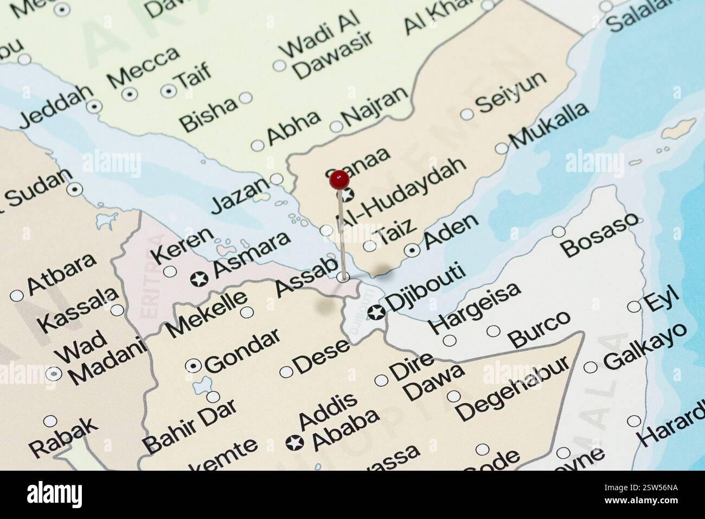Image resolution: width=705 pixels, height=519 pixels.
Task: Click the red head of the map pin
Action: click(339, 179)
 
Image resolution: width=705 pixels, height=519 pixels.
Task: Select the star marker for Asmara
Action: click(200, 279)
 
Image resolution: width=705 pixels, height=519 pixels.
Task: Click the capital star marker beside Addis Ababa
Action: click(294, 443)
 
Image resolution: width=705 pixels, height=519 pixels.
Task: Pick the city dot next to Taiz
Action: click(369, 246)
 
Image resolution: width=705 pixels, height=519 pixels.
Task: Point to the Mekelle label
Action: click(207, 313)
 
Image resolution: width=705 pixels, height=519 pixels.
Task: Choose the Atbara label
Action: click(61, 273)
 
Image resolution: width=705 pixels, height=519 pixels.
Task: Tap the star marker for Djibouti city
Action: click(376, 313)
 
